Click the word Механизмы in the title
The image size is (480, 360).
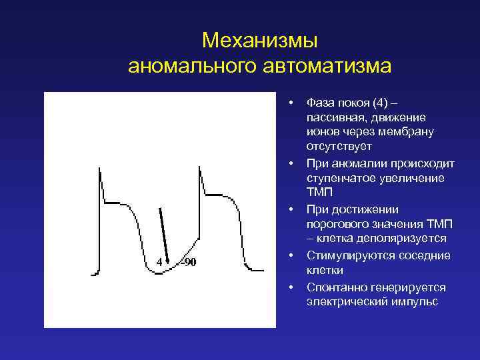260,41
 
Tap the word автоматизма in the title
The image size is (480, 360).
326,67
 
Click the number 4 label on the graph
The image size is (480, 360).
159,261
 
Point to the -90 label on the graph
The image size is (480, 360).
189,261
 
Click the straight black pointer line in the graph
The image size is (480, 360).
163,233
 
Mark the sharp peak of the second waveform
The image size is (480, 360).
199,167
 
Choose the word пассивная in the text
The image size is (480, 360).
334,117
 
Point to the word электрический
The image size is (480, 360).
345,302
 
